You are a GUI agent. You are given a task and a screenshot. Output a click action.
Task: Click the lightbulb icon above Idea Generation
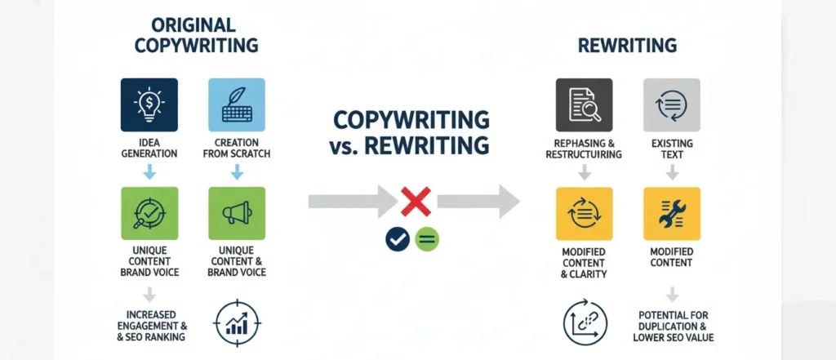click(149, 104)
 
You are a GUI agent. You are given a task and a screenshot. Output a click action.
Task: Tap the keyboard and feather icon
click(236, 104)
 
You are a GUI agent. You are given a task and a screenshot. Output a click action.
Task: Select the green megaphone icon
click(237, 213)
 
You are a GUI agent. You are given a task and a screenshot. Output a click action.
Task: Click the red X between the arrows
click(416, 202)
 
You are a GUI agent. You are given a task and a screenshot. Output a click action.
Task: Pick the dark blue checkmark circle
click(398, 239)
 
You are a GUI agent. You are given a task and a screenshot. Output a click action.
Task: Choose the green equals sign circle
click(426, 239)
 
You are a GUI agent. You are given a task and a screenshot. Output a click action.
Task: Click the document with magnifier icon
click(584, 104)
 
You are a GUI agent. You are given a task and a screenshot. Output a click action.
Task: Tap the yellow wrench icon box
click(672, 213)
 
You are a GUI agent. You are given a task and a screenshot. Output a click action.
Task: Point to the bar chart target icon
click(236, 322)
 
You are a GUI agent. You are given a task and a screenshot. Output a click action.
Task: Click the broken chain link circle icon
click(585, 322)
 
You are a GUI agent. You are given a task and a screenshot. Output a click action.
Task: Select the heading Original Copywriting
click(196, 35)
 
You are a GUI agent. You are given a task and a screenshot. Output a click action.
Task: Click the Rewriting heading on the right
click(628, 46)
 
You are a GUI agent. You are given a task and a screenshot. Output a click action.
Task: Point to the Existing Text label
click(672, 149)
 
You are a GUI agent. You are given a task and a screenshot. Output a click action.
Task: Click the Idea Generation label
click(149, 149)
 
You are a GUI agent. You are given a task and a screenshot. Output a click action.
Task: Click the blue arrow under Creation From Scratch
click(236, 172)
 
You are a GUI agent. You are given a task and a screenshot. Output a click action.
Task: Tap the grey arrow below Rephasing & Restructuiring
click(585, 172)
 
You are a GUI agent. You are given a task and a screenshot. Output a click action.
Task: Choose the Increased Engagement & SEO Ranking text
click(151, 326)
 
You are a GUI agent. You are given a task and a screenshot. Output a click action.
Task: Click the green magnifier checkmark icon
click(149, 213)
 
